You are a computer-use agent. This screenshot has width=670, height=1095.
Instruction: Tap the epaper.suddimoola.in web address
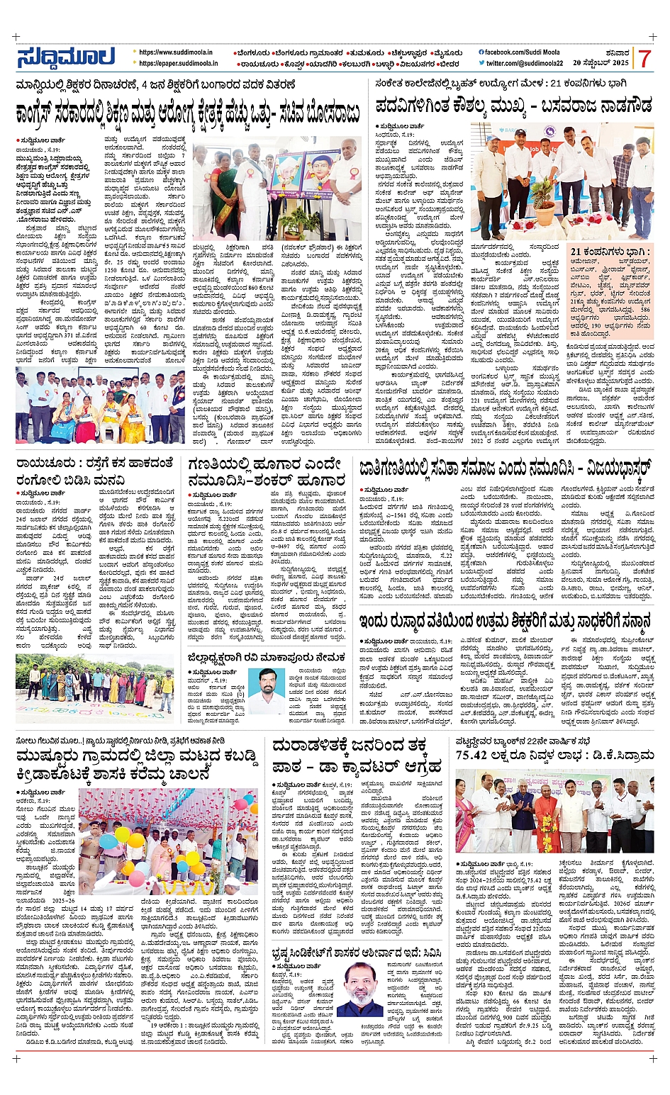coord(178,63)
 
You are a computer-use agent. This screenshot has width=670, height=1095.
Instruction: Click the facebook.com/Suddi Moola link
coord(519,52)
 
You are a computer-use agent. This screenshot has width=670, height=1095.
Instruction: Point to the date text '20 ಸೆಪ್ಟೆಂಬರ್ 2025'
coord(601,63)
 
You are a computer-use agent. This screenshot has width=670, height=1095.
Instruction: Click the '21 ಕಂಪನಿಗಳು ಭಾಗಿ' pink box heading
coord(610,252)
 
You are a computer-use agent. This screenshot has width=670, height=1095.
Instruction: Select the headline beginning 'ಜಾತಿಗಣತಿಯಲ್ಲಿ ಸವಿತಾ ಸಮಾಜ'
coord(505,468)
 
